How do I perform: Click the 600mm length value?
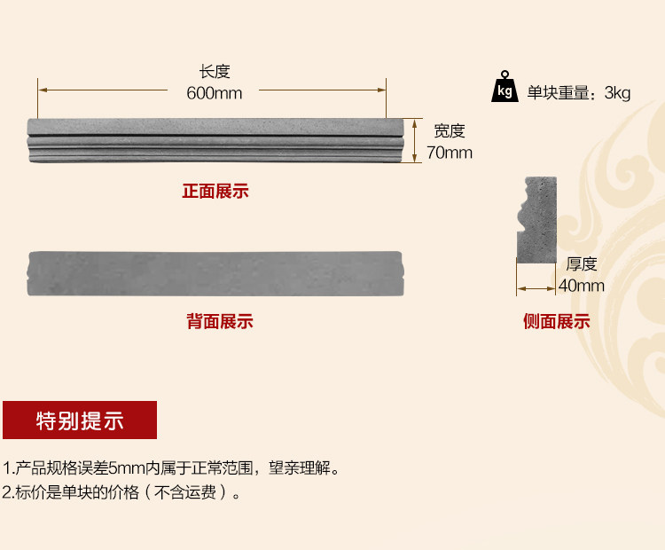tap(214, 92)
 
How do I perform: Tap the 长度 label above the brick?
tap(215, 72)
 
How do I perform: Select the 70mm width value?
tap(449, 153)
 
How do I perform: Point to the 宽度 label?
tap(449, 131)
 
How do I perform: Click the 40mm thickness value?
tap(582, 285)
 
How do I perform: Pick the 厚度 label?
tap(582, 263)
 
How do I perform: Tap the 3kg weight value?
tap(617, 92)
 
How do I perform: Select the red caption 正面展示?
tap(215, 191)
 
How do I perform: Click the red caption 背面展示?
tap(219, 321)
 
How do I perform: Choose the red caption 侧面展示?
tap(556, 322)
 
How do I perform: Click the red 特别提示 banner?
tap(80, 420)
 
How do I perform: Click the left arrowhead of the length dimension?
tap(42, 90)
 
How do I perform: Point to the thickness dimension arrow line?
tap(536, 287)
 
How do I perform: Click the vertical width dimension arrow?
tap(415, 141)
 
